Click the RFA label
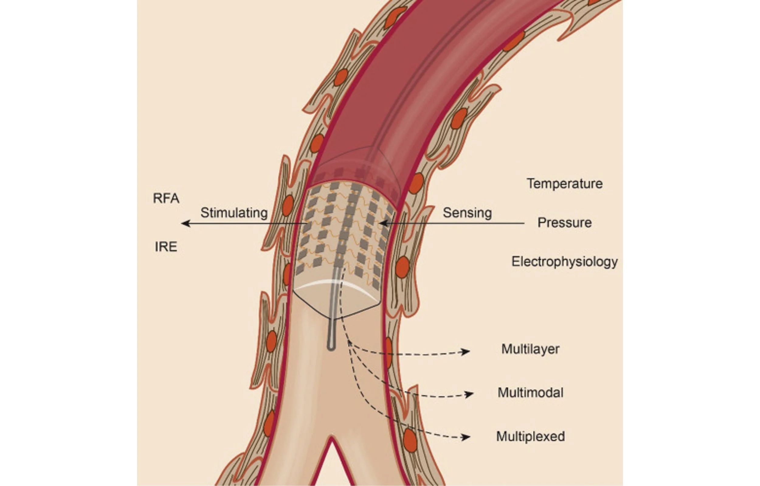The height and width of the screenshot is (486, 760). pos(166,198)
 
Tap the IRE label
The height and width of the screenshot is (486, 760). pos(166,247)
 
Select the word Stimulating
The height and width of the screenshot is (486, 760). pos(234,213)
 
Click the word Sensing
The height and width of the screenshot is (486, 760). pos(467,213)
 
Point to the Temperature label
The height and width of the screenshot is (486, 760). pos(565,184)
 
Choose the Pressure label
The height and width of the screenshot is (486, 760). pos(564,223)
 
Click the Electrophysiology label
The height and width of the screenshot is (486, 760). pos(564,262)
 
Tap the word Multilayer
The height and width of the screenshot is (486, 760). pos(530,349)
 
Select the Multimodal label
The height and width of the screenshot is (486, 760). pos(530,393)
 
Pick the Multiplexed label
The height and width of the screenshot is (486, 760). pos(530,436)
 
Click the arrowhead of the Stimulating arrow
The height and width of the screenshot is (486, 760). pos(185,224)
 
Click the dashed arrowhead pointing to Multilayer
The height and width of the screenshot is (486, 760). pos(466,352)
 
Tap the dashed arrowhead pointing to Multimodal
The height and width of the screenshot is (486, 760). pos(469,394)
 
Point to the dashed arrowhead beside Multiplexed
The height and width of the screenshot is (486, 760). pos(466,437)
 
